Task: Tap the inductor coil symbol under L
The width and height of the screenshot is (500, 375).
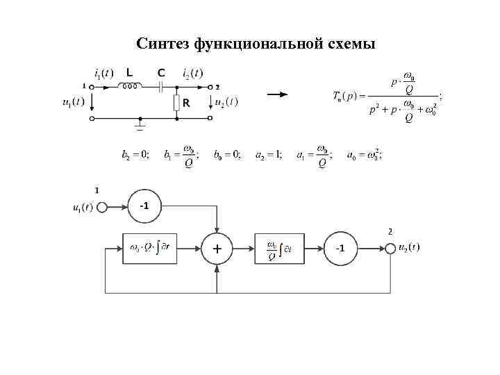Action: pyautogui.click(x=130, y=87)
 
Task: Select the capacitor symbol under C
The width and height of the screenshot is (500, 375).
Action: pyautogui.click(x=161, y=87)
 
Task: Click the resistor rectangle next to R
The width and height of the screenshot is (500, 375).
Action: pyautogui.click(x=177, y=103)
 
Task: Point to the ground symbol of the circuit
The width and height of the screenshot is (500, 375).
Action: pyautogui.click(x=140, y=125)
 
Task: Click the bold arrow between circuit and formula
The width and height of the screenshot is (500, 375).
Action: pyautogui.click(x=278, y=96)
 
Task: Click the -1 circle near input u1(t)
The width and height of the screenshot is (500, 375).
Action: pyautogui.click(x=144, y=206)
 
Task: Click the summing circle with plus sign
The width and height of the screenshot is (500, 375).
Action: pyautogui.click(x=218, y=249)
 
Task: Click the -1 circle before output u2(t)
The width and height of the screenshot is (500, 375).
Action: pyautogui.click(x=341, y=249)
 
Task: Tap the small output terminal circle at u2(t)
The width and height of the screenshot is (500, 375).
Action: pyautogui.click(x=392, y=249)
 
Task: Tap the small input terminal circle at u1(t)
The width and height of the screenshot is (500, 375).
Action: pyautogui.click(x=102, y=206)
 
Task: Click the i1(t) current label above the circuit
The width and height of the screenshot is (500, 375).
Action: pyautogui.click(x=103, y=72)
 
